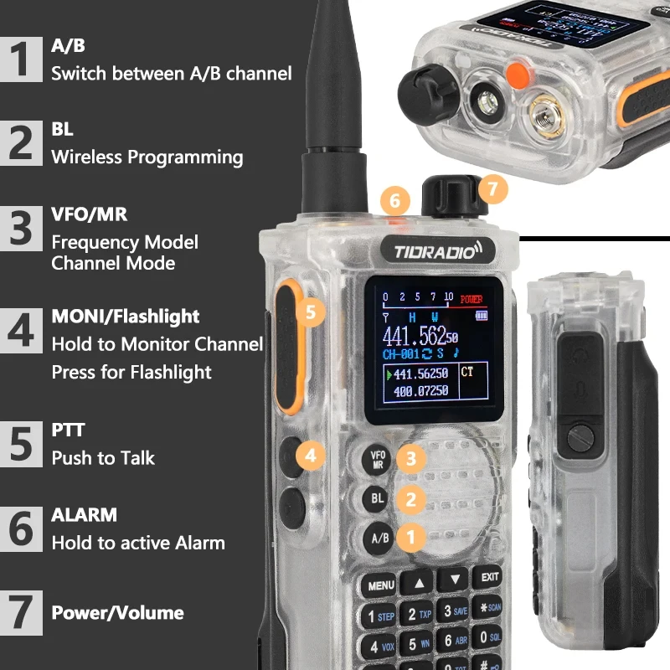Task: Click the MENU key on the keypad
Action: [380, 584]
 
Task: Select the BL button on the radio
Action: [377, 499]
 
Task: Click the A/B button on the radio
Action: [380, 538]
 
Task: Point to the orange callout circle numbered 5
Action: [311, 312]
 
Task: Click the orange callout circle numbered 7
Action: [493, 189]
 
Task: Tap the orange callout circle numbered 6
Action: [394, 200]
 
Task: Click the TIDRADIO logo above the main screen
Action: [432, 249]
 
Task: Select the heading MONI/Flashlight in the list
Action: [126, 317]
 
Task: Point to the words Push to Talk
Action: [103, 459]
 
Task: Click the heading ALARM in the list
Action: [84, 514]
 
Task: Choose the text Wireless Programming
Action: [147, 157]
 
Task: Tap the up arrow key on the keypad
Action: [420, 580]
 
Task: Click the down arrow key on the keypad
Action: [455, 578]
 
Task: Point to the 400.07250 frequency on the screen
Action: [420, 391]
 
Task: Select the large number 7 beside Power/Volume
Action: [22, 612]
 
